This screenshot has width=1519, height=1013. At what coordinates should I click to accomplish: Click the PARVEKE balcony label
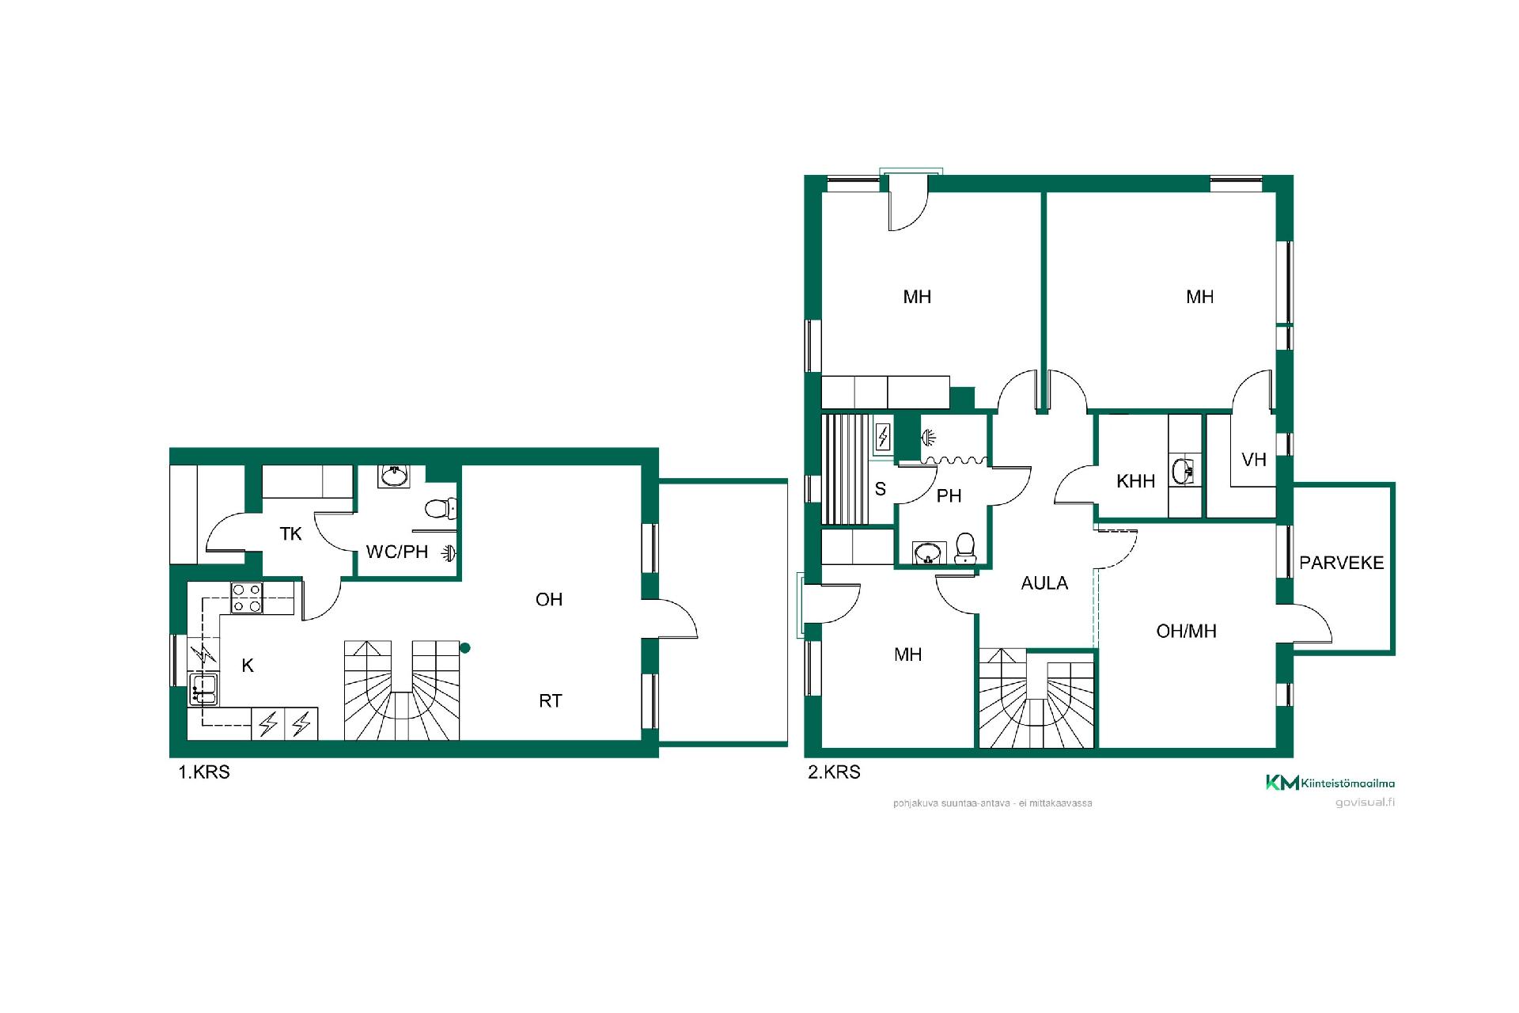pos(1342,563)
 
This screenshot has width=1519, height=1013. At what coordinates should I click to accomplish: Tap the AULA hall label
pos(1044,583)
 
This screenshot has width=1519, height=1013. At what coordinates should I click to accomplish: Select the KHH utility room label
pos(1135,481)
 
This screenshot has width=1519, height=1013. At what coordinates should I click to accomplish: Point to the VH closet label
pos(1254,460)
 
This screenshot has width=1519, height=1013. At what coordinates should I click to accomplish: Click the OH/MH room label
pos(1186,631)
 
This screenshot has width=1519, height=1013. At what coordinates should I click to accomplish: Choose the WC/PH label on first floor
pos(396,552)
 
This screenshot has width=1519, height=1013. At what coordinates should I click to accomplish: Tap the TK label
pos(290,534)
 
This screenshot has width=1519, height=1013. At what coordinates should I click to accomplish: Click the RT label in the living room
pos(551,701)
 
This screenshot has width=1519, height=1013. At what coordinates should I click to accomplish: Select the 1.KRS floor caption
pos(204,772)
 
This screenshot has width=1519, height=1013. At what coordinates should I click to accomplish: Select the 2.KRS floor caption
pos(834,772)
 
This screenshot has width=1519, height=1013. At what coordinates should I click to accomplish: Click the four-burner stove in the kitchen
pos(247,598)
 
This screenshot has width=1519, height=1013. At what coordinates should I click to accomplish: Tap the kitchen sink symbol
pos(203,689)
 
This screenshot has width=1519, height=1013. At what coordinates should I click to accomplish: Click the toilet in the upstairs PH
pos(964,548)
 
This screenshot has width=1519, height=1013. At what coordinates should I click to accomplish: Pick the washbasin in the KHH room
pos(1184,471)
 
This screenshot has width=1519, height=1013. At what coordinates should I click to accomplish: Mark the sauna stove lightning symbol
pos(884,437)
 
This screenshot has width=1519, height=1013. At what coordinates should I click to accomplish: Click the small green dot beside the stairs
pos(465,648)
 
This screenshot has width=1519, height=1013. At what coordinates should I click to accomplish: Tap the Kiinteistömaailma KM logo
pos(1282,783)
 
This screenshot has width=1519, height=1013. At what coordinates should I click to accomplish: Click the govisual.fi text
pos(1365,802)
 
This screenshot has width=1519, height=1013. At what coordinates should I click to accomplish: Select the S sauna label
pos(881,489)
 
